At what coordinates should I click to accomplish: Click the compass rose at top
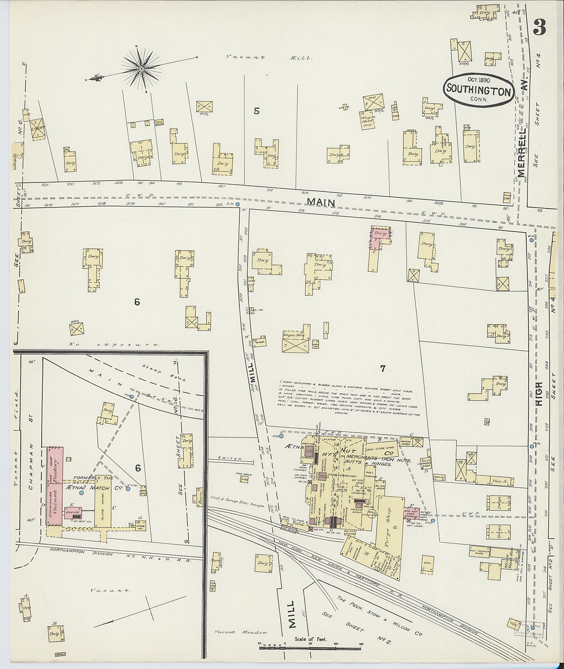pos(141,69)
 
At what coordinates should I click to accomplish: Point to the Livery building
pos(38,128)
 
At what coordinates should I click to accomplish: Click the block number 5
pos(256,111)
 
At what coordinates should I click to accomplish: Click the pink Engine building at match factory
pos(73,514)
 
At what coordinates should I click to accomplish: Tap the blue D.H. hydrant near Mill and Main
pos(237,204)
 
